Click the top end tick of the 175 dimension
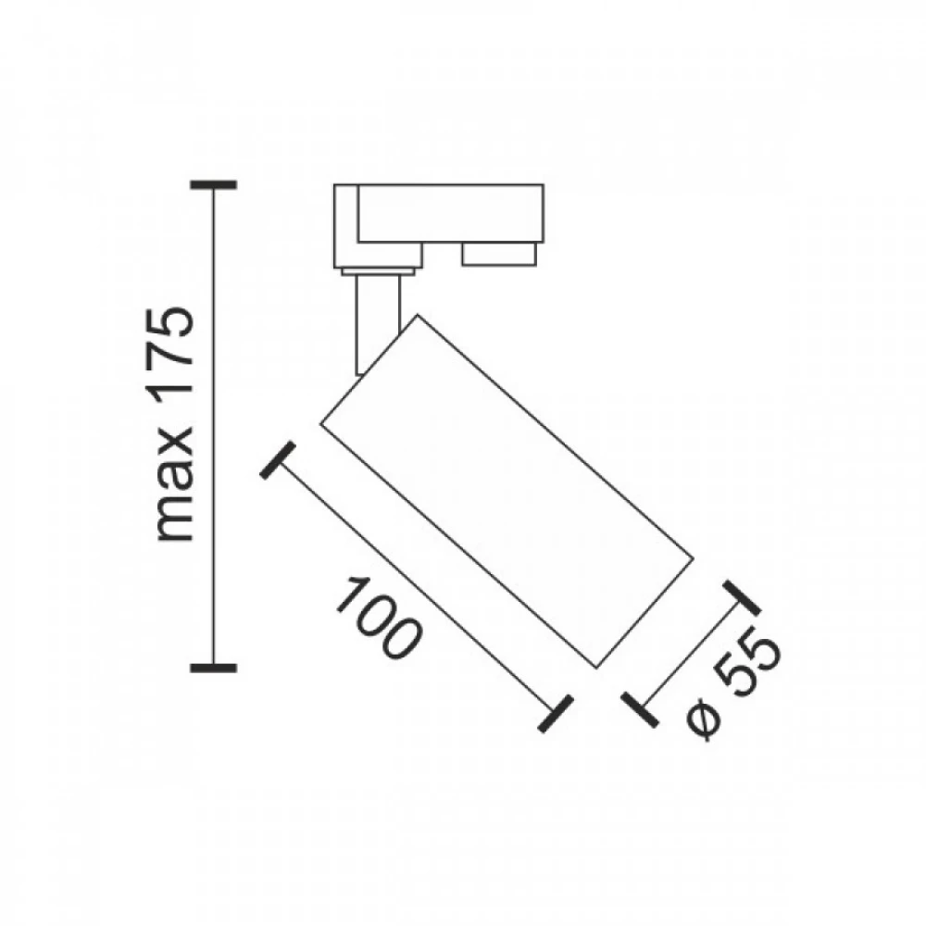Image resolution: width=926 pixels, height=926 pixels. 214,185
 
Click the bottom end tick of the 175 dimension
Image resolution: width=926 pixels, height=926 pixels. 214,666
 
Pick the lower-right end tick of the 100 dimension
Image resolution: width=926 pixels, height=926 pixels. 554,711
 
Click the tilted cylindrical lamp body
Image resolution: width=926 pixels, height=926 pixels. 505,491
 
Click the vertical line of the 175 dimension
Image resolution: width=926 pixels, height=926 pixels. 214,426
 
